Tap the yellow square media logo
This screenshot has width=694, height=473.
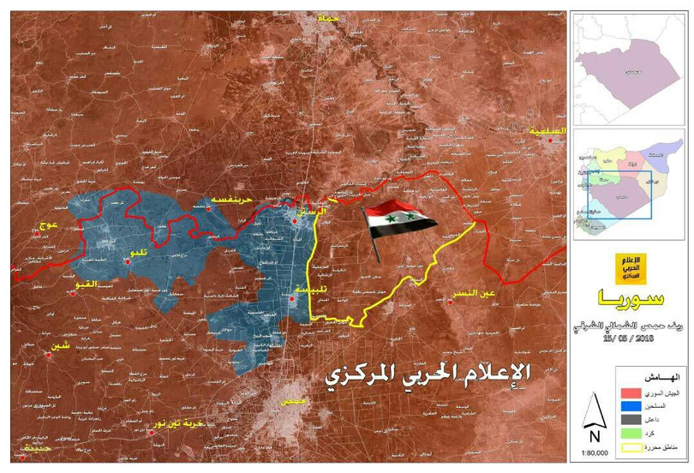(631, 269)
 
